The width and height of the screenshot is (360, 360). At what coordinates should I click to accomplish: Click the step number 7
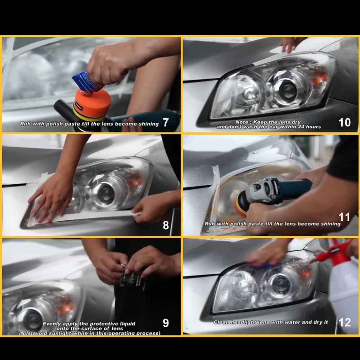point(166,122)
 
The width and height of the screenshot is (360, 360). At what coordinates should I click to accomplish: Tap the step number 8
point(166,225)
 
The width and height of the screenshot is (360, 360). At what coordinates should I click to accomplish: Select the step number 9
point(166,323)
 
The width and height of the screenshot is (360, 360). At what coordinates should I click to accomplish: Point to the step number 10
point(345,122)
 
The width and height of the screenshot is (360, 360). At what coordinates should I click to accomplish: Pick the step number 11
point(344,217)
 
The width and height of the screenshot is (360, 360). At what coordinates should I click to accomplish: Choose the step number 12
point(345,322)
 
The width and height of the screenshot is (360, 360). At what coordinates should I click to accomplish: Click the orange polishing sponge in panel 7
point(92,102)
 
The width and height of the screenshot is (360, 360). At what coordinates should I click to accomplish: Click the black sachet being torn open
point(132,279)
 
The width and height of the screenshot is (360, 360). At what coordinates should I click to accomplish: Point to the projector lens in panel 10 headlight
point(287,89)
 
